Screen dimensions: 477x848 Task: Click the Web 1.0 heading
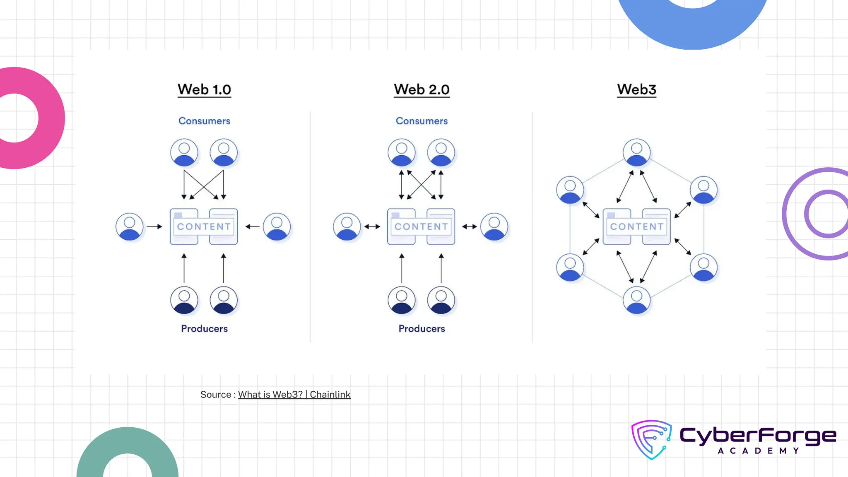[x=204, y=89]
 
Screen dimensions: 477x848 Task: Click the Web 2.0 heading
[x=422, y=89]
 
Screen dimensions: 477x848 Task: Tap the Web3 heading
[x=636, y=89]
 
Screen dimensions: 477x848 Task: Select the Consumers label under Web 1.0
[x=204, y=121]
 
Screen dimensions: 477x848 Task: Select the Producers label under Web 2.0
[x=422, y=328]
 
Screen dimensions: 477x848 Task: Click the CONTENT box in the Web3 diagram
[x=636, y=226]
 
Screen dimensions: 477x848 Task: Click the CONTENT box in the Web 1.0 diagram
[x=204, y=226]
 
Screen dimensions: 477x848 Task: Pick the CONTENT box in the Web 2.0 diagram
[x=421, y=226]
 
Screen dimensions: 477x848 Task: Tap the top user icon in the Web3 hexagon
[x=636, y=152]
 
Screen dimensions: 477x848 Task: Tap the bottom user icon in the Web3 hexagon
[x=636, y=300]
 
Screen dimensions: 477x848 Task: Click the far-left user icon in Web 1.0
[x=129, y=226]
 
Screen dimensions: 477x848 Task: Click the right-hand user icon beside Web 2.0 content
[x=494, y=226]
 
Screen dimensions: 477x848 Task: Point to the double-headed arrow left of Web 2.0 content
[x=372, y=226]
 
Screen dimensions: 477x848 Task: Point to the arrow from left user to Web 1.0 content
[x=154, y=226]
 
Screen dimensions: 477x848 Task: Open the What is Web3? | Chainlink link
[x=294, y=395]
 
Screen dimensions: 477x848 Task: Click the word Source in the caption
[x=215, y=395]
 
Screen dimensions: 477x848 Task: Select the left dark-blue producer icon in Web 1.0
[x=184, y=300]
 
